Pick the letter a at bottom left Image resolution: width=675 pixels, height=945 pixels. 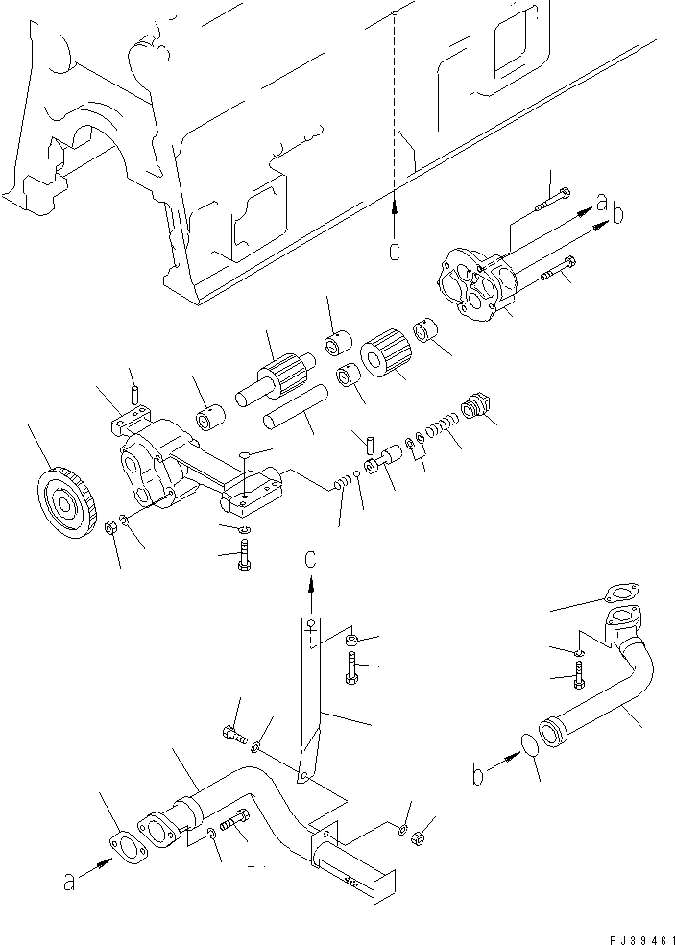click(x=68, y=881)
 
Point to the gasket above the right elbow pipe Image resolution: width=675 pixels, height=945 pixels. click(x=622, y=594)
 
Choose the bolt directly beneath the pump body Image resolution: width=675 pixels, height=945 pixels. click(x=244, y=556)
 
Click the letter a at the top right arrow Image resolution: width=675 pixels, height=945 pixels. click(x=602, y=203)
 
